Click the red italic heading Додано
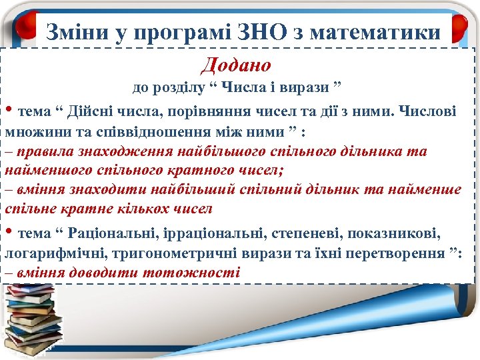click(x=236, y=65)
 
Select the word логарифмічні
click(x=51, y=254)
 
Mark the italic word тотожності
click(x=197, y=273)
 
